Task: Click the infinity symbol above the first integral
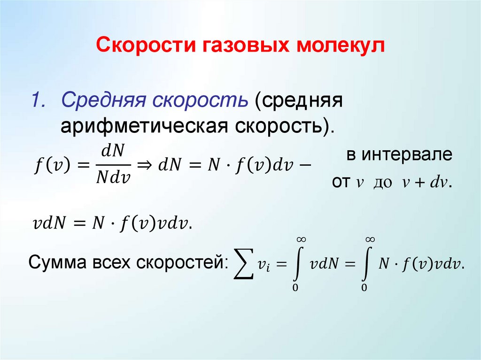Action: (x=299, y=239)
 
